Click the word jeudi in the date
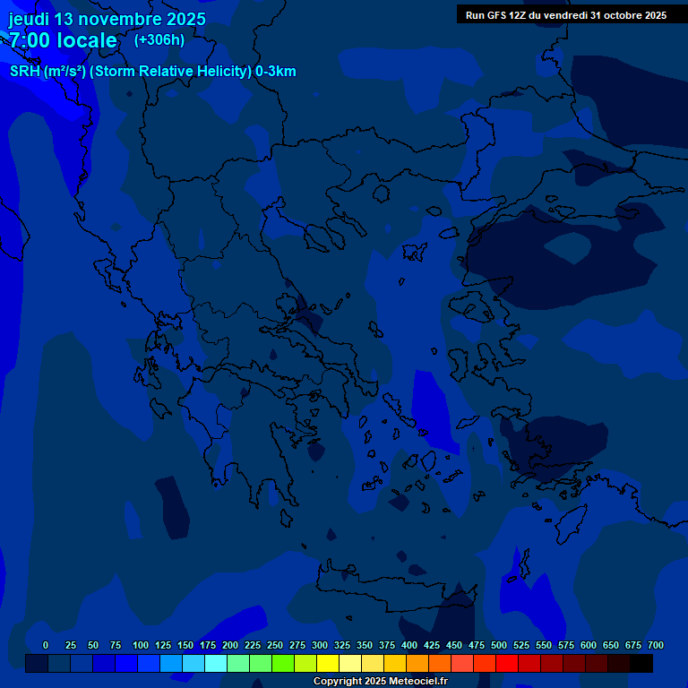click(x=30, y=19)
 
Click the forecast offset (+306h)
click(x=159, y=39)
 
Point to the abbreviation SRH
click(x=25, y=72)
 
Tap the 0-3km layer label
click(x=276, y=72)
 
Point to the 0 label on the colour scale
click(x=46, y=646)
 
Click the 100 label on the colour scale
click(x=141, y=646)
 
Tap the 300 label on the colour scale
click(x=320, y=646)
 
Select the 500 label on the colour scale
click(x=499, y=646)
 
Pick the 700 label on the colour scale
click(x=656, y=646)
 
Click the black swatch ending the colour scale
click(x=641, y=664)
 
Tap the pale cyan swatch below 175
click(x=216, y=664)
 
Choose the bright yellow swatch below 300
click(x=328, y=664)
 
